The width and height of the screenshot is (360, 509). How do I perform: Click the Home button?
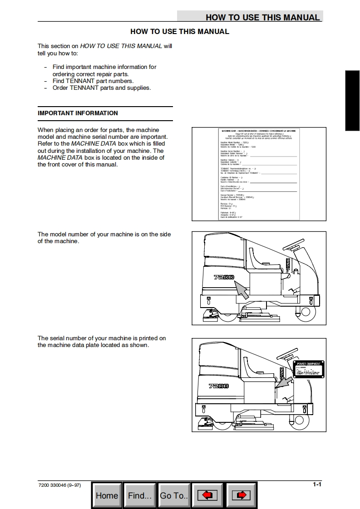pyautogui.click(x=107, y=495)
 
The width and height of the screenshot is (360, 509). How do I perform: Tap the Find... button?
pyautogui.click(x=139, y=495)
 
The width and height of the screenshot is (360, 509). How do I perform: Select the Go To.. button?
pyautogui.click(x=173, y=495)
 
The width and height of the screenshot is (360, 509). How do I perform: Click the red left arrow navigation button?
pyautogui.click(x=207, y=495)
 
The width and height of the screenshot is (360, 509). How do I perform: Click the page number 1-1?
pyautogui.click(x=317, y=485)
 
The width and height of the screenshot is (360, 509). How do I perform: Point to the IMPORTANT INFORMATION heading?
pyautogui.click(x=78, y=113)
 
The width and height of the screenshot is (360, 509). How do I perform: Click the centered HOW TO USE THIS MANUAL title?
pyautogui.click(x=180, y=32)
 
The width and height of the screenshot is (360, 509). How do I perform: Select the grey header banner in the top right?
pyautogui.click(x=250, y=17)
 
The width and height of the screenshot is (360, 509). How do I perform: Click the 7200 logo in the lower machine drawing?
pyautogui.click(x=218, y=386)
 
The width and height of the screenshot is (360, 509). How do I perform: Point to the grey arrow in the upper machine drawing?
pyautogui.click(x=242, y=289)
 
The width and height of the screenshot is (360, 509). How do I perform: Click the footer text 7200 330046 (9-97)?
pyautogui.click(x=59, y=485)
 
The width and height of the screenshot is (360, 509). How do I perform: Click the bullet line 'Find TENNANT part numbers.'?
pyautogui.click(x=93, y=81)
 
